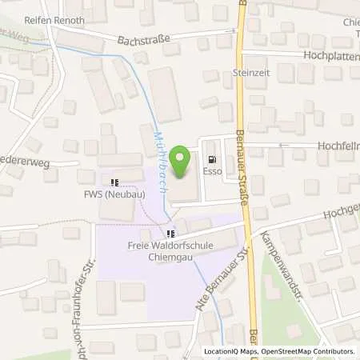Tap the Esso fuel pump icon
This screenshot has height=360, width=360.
point(212,158)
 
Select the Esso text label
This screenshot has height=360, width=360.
point(212,170)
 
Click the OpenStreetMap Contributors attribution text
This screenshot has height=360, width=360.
point(308,351)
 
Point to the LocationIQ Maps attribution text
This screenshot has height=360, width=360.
point(231,351)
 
